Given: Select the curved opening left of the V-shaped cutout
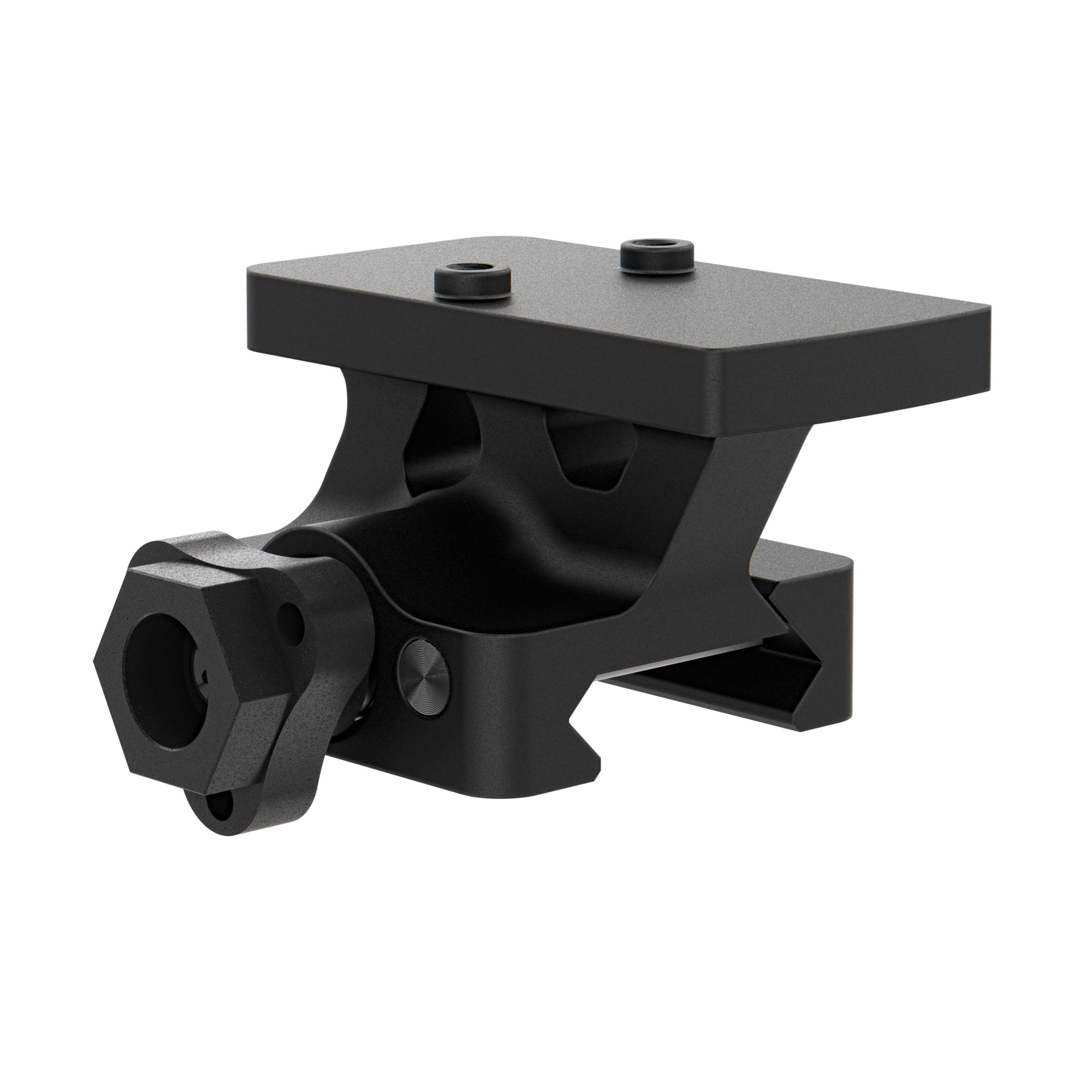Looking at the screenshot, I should [x=440, y=440].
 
